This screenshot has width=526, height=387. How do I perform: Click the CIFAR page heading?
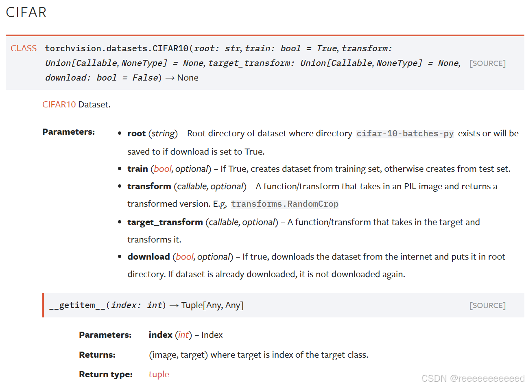(x=26, y=13)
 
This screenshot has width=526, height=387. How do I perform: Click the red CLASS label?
(x=24, y=48)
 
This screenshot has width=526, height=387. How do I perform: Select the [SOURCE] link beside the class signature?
(x=487, y=63)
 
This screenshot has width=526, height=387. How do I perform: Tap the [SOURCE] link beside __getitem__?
(x=487, y=306)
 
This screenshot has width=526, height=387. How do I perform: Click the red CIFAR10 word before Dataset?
(x=59, y=105)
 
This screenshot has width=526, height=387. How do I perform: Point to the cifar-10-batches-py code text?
(x=405, y=134)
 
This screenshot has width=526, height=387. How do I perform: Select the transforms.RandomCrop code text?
(x=285, y=204)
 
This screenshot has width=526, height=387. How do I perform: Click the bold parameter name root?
(x=136, y=133)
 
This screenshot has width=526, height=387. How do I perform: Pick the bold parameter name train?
(x=138, y=169)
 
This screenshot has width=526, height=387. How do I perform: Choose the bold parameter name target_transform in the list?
(x=165, y=222)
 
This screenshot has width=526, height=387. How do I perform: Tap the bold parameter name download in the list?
(x=148, y=257)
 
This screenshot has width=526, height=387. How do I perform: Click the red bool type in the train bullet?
(x=163, y=169)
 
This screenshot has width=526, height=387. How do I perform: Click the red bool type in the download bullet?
(x=185, y=257)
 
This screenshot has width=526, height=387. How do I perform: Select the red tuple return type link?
(x=159, y=374)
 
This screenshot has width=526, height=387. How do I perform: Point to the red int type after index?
(x=183, y=335)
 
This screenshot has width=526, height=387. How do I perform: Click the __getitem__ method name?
(x=77, y=305)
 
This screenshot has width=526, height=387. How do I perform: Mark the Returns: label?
(x=97, y=355)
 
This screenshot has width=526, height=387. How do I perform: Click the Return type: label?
(x=106, y=374)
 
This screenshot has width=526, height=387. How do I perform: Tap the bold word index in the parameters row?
(x=160, y=335)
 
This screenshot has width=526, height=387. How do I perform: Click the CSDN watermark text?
(x=473, y=378)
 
